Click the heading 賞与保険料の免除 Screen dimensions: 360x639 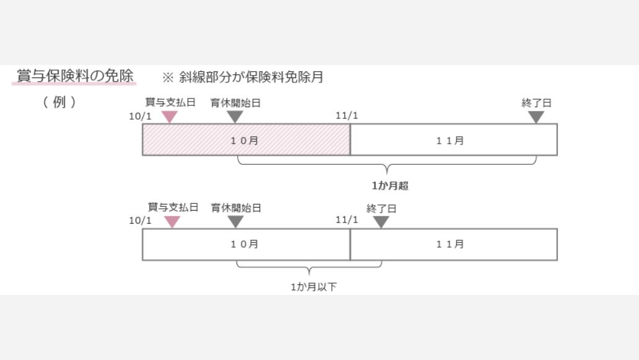(x=75, y=76)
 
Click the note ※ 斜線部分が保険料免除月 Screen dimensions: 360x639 (x=242, y=77)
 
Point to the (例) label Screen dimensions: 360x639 (x=60, y=102)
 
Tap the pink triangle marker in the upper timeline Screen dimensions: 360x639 (x=169, y=116)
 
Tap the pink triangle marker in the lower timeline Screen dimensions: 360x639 (x=172, y=221)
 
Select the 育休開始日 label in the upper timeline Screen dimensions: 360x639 (x=235, y=103)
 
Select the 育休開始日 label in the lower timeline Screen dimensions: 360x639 (x=236, y=208)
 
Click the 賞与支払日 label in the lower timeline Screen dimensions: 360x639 (x=173, y=208)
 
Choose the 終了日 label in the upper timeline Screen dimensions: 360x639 (x=536, y=103)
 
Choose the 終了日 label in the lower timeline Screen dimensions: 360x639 (x=381, y=209)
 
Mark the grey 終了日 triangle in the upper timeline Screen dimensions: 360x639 (x=536, y=116)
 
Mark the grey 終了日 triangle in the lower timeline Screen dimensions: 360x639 (x=381, y=221)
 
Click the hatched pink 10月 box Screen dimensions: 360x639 (x=246, y=140)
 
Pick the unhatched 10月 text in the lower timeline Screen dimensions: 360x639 (x=245, y=244)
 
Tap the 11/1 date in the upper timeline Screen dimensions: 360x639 (x=347, y=116)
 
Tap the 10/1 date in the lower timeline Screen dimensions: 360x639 (x=141, y=221)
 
